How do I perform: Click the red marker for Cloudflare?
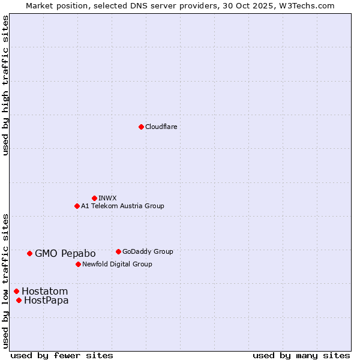click(x=141, y=127)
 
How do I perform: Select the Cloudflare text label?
click(x=161, y=127)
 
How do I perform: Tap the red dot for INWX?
click(x=94, y=198)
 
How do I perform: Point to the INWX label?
click(x=107, y=198)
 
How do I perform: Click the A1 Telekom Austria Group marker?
click(x=77, y=206)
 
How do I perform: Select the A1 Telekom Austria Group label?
click(x=122, y=206)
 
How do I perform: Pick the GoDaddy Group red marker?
click(x=118, y=251)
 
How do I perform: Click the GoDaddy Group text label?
click(x=148, y=251)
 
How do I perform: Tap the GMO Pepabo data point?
click(x=29, y=253)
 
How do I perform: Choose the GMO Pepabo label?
click(x=65, y=254)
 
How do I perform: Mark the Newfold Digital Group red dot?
click(x=78, y=264)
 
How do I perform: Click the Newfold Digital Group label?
click(x=117, y=264)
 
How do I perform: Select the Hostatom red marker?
click(x=16, y=291)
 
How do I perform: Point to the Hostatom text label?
click(x=44, y=292)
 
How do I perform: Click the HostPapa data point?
click(x=19, y=300)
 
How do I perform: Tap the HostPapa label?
click(x=46, y=301)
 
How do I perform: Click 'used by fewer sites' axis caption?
click(x=62, y=355)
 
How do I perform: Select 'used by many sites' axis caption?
click(x=301, y=355)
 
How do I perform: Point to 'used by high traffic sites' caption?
click(x=6, y=85)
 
